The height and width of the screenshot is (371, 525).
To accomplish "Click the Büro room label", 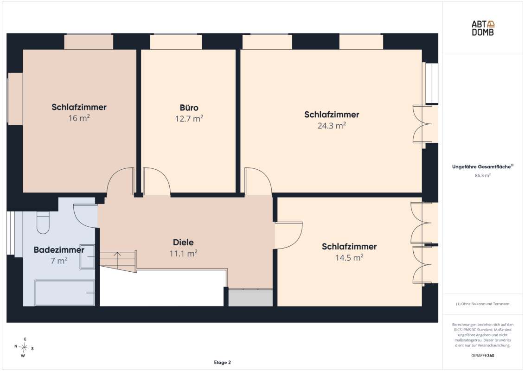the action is pos(189,108).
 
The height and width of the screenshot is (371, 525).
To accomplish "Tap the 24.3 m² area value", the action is pos(332,126).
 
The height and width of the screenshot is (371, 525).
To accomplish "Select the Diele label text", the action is pos(183,242).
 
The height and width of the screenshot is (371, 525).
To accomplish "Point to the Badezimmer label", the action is pos(59,250).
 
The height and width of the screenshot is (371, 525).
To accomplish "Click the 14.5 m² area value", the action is pos(349,257).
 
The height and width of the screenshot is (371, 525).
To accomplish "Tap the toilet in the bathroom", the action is pos(43,222).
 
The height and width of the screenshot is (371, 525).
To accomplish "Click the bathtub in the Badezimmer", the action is pos(64,293).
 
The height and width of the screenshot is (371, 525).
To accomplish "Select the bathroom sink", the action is pos(87,256).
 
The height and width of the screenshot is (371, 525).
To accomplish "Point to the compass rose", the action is pos(24,347).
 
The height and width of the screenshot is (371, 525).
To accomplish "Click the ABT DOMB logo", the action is pos(483,28).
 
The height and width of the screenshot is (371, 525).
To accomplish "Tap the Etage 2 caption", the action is pos(222,362).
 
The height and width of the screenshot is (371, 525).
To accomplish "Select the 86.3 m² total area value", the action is pos(482,175).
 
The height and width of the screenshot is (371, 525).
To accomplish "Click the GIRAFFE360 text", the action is pos(482,356).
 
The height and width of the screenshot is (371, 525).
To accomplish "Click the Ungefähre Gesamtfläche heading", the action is pos(482,166).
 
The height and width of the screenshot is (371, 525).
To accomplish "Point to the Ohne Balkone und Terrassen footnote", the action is pos(482,304).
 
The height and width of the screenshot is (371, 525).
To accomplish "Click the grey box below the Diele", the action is pos(250,298).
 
